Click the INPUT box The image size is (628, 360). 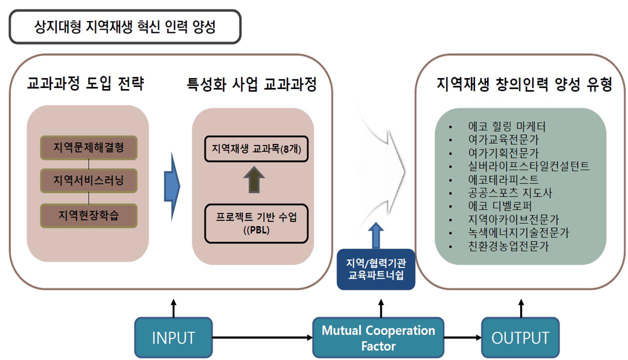tap(173, 337)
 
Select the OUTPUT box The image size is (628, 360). tap(520, 337)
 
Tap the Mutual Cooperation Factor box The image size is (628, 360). tap(378, 337)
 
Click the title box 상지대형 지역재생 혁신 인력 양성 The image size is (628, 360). tap(125, 26)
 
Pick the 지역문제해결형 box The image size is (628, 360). tap(88, 148)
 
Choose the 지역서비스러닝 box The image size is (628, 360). tap(88, 178)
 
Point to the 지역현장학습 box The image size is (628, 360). tap(88, 215)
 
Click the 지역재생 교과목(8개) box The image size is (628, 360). tap(256, 149)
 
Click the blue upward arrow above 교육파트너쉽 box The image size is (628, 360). tap(377, 234)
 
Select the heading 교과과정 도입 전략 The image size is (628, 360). tap(86, 84)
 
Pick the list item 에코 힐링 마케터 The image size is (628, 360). tap(507, 126)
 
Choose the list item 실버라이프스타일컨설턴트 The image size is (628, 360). tap(529, 166)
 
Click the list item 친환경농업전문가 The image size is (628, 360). tap(509, 246)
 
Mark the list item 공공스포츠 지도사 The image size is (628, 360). tap(510, 192)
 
